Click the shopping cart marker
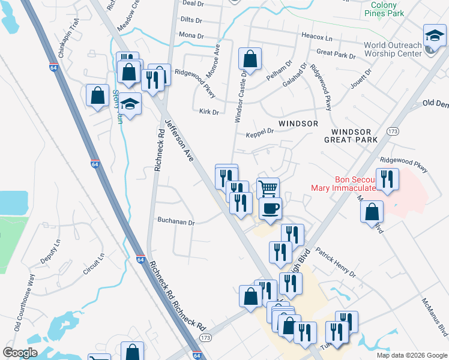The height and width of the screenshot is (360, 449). pos(268,188)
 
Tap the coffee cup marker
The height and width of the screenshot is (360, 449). pos(270,208)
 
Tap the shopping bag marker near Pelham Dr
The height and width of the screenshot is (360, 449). pos(250,59)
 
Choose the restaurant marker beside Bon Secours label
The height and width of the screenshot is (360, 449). pos(387,179)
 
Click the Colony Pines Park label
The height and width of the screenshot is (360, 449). pos(384,8)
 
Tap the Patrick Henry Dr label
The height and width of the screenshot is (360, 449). pos(336,263)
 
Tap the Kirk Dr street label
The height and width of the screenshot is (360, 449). pos(208,112)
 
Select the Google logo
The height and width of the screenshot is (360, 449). pos(20,353)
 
